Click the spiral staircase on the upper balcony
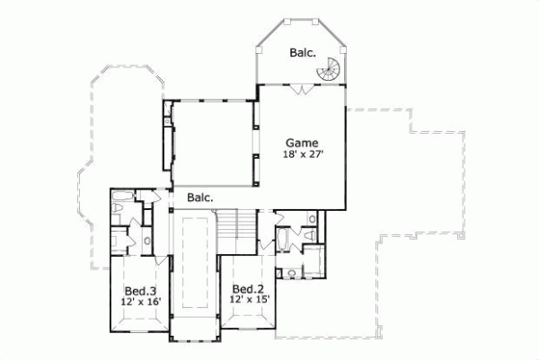pyautogui.click(x=333, y=67)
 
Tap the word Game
pyautogui.click(x=302, y=142)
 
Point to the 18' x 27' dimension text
pyautogui.click(x=302, y=154)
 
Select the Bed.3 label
pyautogui.click(x=141, y=291)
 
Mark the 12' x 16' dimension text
pyautogui.click(x=141, y=303)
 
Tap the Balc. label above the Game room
pyautogui.click(x=302, y=53)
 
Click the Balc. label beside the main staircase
pyautogui.click(x=200, y=197)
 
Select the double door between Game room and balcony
pyautogui.click(x=303, y=88)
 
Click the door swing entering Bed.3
pyautogui.click(x=159, y=261)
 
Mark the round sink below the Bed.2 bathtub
pyautogui.click(x=292, y=272)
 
